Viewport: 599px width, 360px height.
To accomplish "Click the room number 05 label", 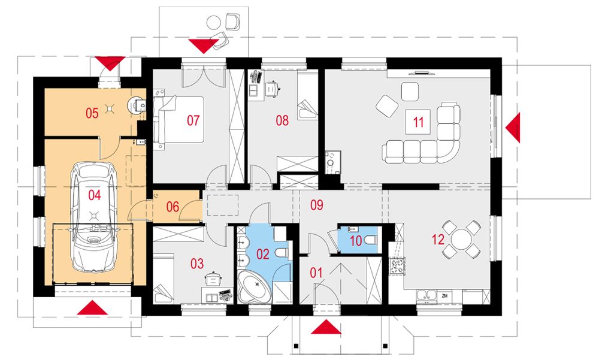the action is pos(92,113).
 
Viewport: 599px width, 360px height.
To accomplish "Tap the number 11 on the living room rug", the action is pos(418,122).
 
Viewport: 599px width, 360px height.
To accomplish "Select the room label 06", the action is pos(173,207).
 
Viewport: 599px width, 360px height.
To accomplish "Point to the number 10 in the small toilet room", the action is pos(356,241).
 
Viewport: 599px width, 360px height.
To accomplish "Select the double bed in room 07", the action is pos(179,119).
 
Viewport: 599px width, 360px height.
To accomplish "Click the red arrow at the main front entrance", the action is pos(325,327).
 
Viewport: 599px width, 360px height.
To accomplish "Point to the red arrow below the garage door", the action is pos(92,308).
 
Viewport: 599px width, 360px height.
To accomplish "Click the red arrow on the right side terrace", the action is pos(513,128).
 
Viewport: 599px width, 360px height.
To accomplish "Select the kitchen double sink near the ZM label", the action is pos(426,296).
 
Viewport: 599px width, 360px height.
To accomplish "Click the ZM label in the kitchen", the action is pos(444,296).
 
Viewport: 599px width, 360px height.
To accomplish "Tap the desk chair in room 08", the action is pos(272,89).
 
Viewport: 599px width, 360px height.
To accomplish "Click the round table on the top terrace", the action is pos(214,23).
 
